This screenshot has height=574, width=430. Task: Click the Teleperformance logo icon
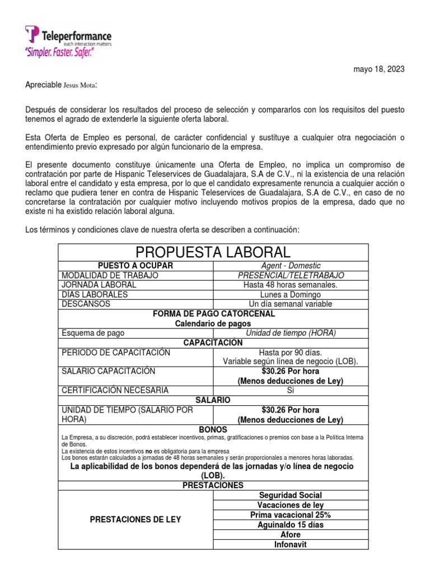pyautogui.click(x=32, y=34)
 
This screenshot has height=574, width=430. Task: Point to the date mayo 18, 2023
pyautogui.click(x=378, y=69)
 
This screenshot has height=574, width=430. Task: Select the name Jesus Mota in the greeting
pyautogui.click(x=78, y=85)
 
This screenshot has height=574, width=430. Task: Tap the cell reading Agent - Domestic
pyautogui.click(x=291, y=266)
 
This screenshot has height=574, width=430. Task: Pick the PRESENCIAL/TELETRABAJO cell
pyautogui.click(x=291, y=275)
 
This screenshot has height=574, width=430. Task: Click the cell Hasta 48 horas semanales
pyautogui.click(x=291, y=285)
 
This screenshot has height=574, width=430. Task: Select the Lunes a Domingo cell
pyautogui.click(x=291, y=294)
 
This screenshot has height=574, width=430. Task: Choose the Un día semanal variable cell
pyautogui.click(x=291, y=304)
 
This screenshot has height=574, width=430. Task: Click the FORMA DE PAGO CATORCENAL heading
pyautogui.click(x=213, y=314)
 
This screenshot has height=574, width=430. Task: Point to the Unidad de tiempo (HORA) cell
pyautogui.click(x=291, y=333)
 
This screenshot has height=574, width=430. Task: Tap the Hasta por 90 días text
pyautogui.click(x=291, y=353)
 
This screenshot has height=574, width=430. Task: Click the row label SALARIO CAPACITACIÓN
pyautogui.click(x=109, y=371)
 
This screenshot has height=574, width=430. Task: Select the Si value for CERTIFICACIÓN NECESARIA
pyautogui.click(x=291, y=390)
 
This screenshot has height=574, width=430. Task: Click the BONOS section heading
pyautogui.click(x=213, y=429)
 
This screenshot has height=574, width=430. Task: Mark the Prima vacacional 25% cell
pyautogui.click(x=291, y=515)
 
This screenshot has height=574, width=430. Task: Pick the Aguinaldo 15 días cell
pyautogui.click(x=291, y=525)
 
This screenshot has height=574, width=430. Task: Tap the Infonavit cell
pyautogui.click(x=291, y=544)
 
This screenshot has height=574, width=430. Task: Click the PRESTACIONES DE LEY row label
pyautogui.click(x=135, y=520)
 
